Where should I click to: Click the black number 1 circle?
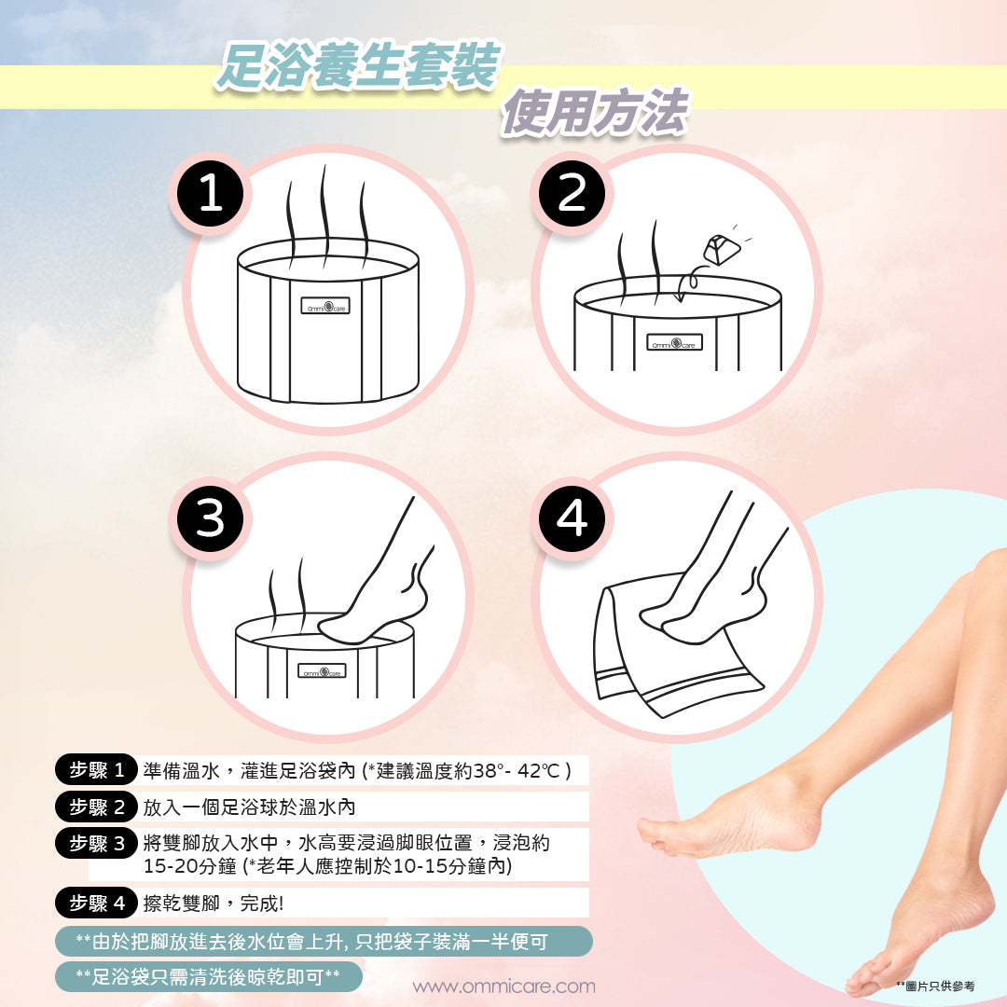210,193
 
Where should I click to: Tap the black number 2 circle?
572,193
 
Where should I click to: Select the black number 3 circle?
210,518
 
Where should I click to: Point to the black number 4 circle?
572,518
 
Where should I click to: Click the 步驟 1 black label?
96,769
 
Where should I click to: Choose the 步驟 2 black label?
96,807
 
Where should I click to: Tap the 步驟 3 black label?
96,843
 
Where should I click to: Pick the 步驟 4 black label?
96,903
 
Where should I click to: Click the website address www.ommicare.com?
504,986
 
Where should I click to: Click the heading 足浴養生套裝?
358,66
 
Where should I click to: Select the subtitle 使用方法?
594,113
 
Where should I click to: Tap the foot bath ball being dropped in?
722,251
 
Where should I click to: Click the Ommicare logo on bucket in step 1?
325,306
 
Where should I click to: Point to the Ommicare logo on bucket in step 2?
674,342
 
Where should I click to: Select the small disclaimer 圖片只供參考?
936,986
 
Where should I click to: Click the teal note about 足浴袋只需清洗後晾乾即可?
208,977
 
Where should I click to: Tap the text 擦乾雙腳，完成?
213,904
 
